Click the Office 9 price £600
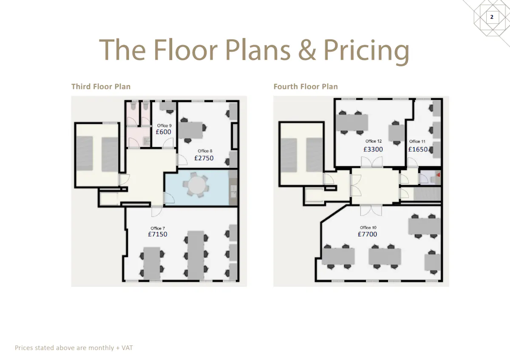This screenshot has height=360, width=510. click(x=163, y=132)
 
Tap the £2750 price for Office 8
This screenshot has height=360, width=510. click(x=204, y=158)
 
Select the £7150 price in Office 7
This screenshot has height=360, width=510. click(x=158, y=234)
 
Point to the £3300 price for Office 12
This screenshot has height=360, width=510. click(x=373, y=149)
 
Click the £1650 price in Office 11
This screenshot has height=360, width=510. click(x=418, y=149)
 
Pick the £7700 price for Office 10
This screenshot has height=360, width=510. click(x=367, y=234)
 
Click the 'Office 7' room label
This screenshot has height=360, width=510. click(x=158, y=228)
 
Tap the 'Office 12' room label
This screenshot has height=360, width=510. click(x=374, y=141)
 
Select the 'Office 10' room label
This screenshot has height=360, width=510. click(x=368, y=227)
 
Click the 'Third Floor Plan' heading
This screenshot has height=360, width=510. click(x=101, y=87)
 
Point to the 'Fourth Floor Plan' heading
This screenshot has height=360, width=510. click(x=306, y=87)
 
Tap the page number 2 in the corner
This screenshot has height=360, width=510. click(x=492, y=17)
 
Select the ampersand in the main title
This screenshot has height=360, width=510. click(x=307, y=50)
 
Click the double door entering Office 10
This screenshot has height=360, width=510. click(x=371, y=210)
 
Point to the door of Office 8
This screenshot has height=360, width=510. click(x=182, y=160)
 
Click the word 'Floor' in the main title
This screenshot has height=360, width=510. click(x=186, y=50)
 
